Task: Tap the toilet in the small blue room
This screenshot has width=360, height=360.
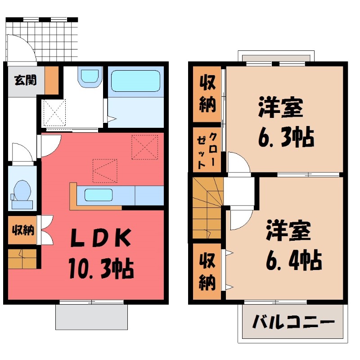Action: (x=22, y=191)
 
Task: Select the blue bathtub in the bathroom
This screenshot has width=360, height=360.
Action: (x=135, y=81)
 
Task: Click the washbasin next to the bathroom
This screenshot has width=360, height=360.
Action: (x=90, y=76)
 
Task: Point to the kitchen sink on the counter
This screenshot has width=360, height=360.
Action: (x=98, y=195)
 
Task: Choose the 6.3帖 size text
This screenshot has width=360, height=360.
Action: (x=285, y=137)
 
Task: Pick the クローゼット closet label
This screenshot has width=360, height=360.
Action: (x=207, y=150)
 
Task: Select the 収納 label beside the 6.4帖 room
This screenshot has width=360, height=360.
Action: (x=207, y=272)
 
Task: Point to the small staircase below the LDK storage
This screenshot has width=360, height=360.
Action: (x=22, y=258)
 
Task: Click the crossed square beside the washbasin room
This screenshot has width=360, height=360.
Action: (x=54, y=112)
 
